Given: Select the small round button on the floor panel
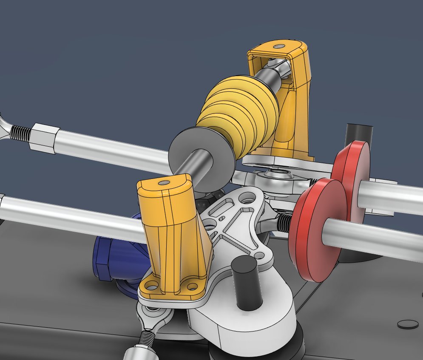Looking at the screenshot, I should [x=407, y=324].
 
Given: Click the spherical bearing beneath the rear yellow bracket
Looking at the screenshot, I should [x=278, y=174].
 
